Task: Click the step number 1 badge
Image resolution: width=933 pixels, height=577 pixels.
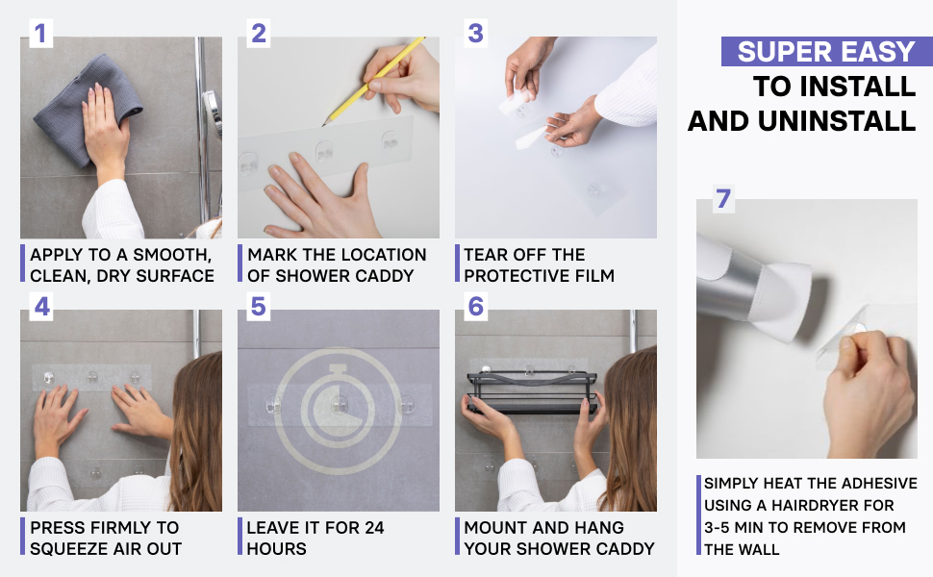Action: click(x=39, y=34)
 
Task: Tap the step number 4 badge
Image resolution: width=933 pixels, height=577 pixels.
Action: click(x=41, y=307)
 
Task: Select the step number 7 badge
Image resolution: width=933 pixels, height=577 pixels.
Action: click(x=723, y=199)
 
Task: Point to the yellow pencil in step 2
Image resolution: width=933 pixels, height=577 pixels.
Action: click(x=373, y=82)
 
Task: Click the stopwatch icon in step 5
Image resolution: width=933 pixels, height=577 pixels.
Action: click(x=338, y=410)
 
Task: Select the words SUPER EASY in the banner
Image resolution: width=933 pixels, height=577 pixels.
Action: click(x=826, y=52)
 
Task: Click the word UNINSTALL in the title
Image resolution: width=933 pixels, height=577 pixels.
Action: click(x=837, y=121)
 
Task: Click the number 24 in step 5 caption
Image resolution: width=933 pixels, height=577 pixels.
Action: click(x=374, y=528)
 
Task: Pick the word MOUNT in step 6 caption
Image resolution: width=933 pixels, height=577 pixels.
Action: click(x=493, y=528)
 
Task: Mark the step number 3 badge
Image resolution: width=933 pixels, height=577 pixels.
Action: click(x=475, y=34)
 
